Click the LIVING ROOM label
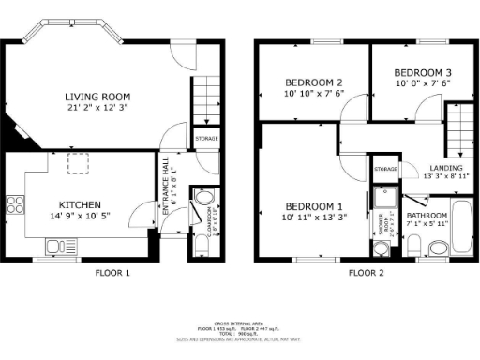[x=97, y=97]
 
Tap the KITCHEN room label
[x=80, y=204]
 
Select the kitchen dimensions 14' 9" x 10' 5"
[x=80, y=217]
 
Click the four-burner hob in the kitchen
[x=15, y=204]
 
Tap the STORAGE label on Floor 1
[x=206, y=139]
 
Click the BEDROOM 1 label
[x=314, y=205]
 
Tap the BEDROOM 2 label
[x=313, y=82]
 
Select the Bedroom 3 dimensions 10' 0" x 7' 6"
[x=422, y=82]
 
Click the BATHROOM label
[x=427, y=216]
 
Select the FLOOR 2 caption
[x=367, y=273]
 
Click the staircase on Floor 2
[x=458, y=130]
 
